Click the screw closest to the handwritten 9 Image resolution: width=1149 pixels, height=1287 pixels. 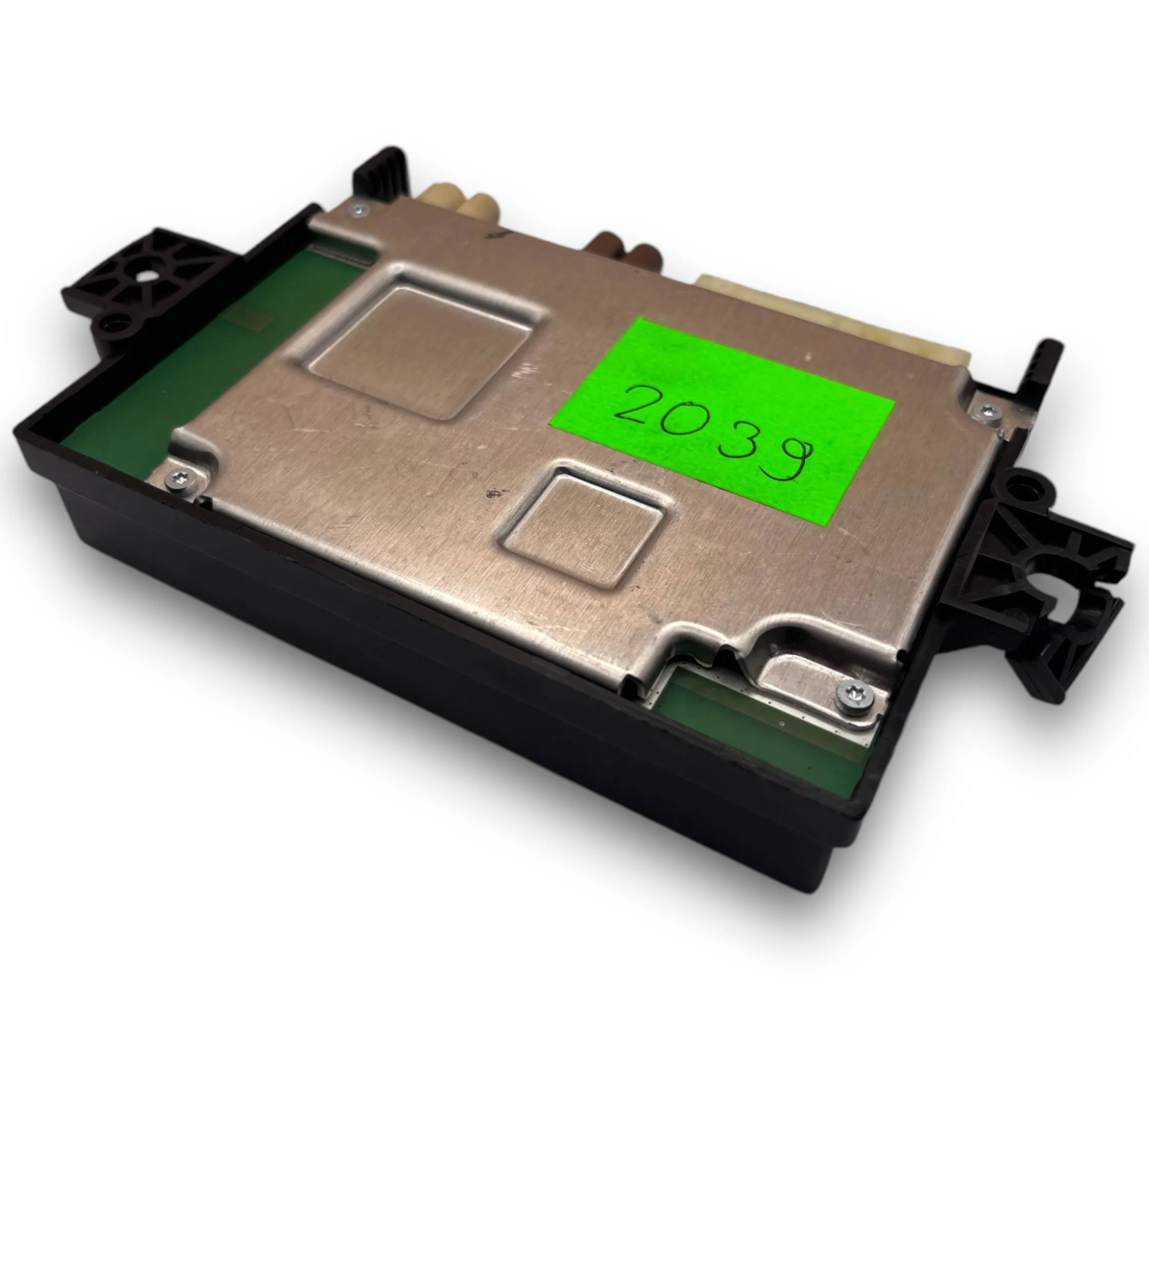point(984,411)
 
